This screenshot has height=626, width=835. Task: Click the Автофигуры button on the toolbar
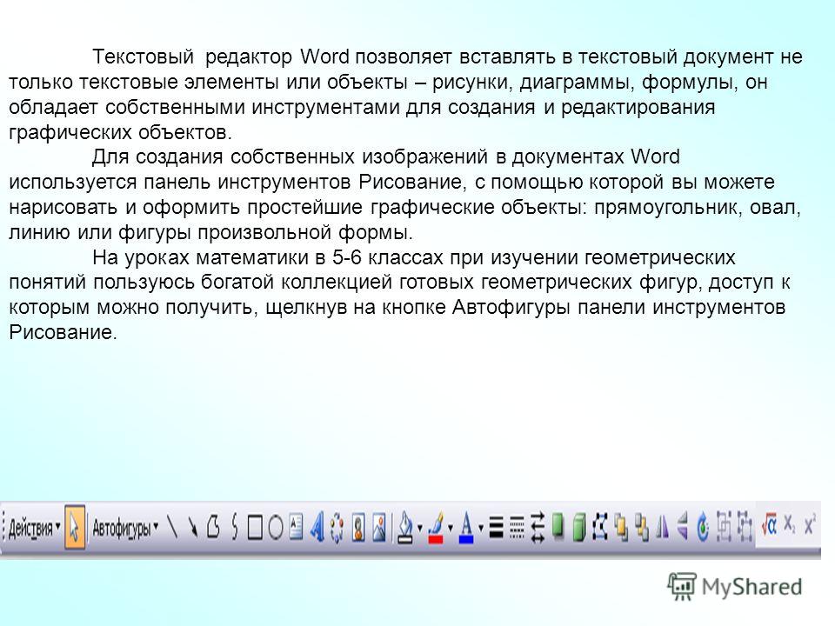point(125,528)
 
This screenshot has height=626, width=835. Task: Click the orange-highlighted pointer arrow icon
point(75,528)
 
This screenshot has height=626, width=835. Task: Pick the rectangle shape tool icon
point(255,528)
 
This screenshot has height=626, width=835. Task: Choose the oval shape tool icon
point(276,528)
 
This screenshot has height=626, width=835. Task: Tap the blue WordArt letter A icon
point(317,528)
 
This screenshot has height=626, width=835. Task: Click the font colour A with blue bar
point(466,528)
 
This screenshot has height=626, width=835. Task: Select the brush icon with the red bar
point(436,528)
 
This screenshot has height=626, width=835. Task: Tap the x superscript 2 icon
point(810,524)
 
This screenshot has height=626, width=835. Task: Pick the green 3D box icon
point(579,528)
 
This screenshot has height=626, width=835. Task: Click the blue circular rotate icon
point(704,528)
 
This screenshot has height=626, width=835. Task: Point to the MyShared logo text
point(751,587)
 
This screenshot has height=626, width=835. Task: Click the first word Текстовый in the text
point(143,57)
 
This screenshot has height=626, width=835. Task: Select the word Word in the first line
point(324,56)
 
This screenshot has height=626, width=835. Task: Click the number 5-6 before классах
point(347,257)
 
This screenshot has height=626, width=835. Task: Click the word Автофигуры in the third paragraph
point(511,308)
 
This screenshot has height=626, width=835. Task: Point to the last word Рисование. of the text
point(63,333)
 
